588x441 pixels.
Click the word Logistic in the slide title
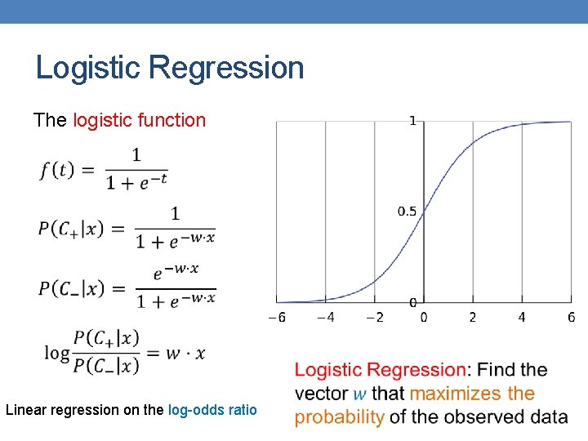click(x=85, y=68)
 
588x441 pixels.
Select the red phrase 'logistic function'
click(x=139, y=121)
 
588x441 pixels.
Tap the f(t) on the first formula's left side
click(x=56, y=170)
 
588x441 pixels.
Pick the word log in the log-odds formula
click(x=57, y=353)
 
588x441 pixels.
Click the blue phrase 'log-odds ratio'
click(x=212, y=410)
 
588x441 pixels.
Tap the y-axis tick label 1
click(x=412, y=121)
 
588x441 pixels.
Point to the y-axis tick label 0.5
click(x=407, y=212)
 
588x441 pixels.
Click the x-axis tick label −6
click(x=278, y=317)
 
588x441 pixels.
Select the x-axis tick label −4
click(x=325, y=317)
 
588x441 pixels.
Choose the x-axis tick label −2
click(x=374, y=317)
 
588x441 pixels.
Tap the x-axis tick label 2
click(x=472, y=317)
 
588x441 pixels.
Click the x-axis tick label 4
click(x=522, y=317)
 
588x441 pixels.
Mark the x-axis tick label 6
click(x=571, y=317)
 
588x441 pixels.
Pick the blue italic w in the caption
click(x=360, y=394)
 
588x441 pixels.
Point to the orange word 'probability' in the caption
click(x=339, y=416)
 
